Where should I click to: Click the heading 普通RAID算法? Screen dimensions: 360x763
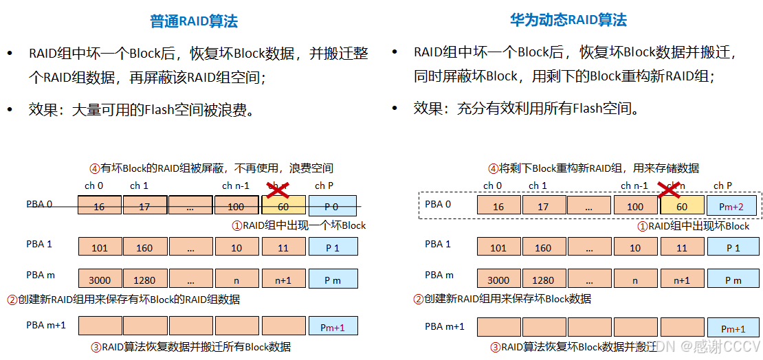pyautogui.click(x=194, y=21)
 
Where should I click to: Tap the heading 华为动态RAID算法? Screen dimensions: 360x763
pyautogui.click(x=568, y=20)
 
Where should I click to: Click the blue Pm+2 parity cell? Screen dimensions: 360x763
pyautogui.click(x=731, y=206)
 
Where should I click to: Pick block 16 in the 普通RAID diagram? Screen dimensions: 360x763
pyautogui.click(x=99, y=206)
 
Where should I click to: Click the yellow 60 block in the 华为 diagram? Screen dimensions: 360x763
pyautogui.click(x=682, y=206)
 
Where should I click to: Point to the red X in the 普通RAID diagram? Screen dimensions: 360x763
pyautogui.click(x=277, y=189)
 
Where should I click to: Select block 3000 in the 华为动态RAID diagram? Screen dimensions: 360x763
pyautogui.click(x=498, y=280)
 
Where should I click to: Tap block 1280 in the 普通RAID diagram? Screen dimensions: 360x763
pyautogui.click(x=144, y=280)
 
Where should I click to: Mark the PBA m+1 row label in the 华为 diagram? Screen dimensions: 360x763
pyautogui.click(x=444, y=326)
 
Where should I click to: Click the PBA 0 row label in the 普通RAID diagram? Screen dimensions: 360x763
pyautogui.click(x=39, y=203)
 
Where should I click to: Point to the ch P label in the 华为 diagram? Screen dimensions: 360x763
pyautogui.click(x=722, y=185)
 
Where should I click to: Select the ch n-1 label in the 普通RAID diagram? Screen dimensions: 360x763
pyautogui.click(x=236, y=185)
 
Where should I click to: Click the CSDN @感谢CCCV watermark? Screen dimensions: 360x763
pyautogui.click(x=714, y=347)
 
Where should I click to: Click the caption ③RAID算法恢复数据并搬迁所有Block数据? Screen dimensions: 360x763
pyautogui.click(x=190, y=347)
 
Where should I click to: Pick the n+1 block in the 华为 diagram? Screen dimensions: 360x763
pyautogui.click(x=681, y=280)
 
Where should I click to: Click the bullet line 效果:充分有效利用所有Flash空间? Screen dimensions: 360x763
pyautogui.click(x=526, y=108)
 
